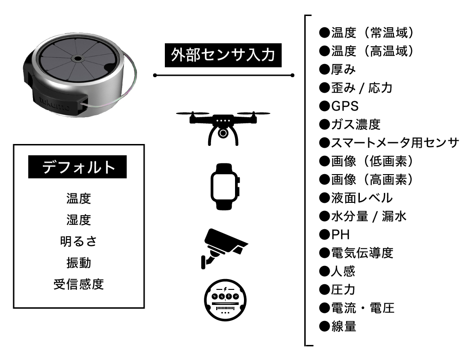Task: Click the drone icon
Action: click(223, 125)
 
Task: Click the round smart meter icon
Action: click(224, 299)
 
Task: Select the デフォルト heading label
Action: click(78, 167)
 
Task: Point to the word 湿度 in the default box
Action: click(79, 219)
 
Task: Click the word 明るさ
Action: click(79, 241)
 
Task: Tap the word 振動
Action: click(79, 263)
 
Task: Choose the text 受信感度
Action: click(79, 284)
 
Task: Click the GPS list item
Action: click(344, 105)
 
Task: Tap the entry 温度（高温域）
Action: click(372, 50)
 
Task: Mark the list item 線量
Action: click(343, 326)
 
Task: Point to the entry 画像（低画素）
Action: click(372, 161)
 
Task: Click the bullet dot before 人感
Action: click(325, 272)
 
